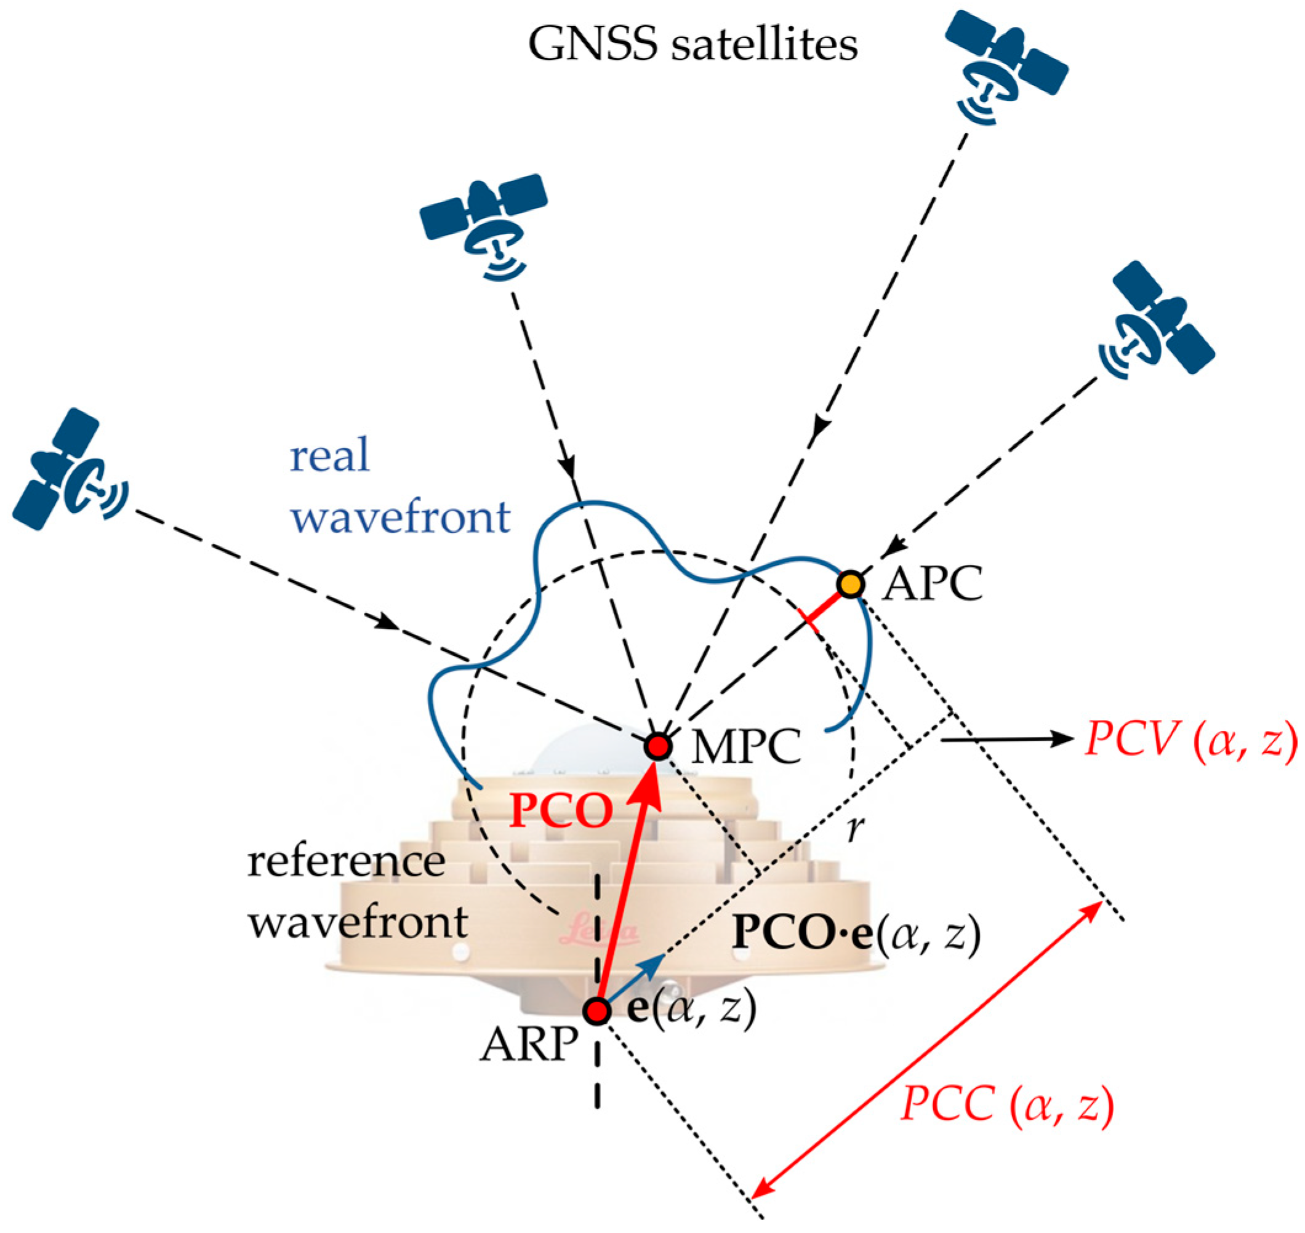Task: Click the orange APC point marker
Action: tap(850, 584)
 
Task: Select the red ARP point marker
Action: tap(597, 1011)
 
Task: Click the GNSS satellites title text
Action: tap(693, 45)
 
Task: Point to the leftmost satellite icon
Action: tap(70, 469)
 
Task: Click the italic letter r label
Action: tap(854, 830)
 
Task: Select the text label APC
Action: tap(931, 583)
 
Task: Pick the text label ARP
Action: tap(529, 1043)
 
